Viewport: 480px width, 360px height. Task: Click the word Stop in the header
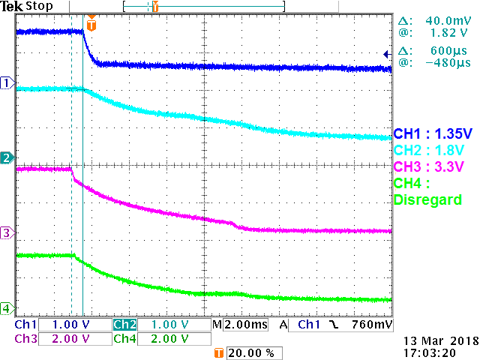(x=38, y=6)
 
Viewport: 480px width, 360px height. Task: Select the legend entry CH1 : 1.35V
(x=433, y=134)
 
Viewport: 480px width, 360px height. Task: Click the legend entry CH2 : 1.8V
(x=427, y=150)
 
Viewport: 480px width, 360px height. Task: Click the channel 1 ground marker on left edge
(x=7, y=82)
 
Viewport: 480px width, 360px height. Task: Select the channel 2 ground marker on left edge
(x=7, y=157)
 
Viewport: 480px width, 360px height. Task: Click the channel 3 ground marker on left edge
(x=7, y=232)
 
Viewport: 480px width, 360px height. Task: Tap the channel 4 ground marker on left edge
(x=7, y=307)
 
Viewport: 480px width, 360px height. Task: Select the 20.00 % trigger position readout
(x=245, y=352)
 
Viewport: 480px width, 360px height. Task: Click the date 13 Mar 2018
(x=434, y=340)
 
